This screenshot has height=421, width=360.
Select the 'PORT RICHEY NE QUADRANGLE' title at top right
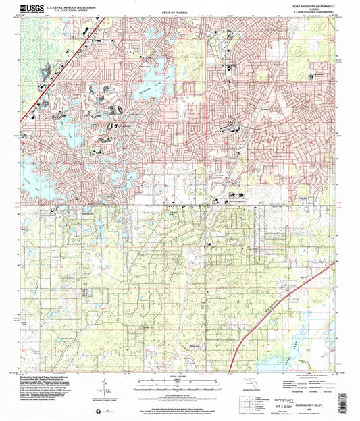pos(313,5)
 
